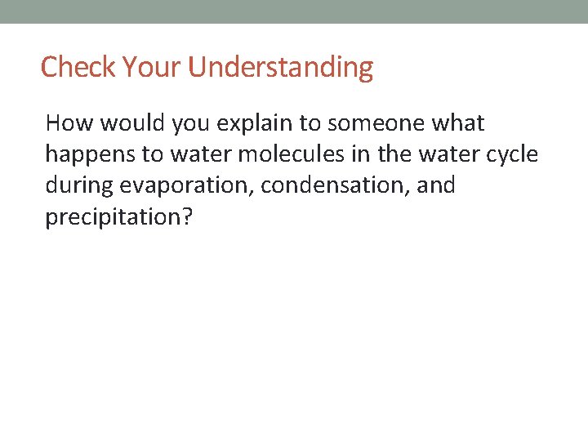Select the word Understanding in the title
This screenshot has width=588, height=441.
click(x=280, y=67)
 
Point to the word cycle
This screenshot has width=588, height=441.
click(x=514, y=154)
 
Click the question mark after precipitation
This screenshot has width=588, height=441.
click(x=185, y=216)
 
